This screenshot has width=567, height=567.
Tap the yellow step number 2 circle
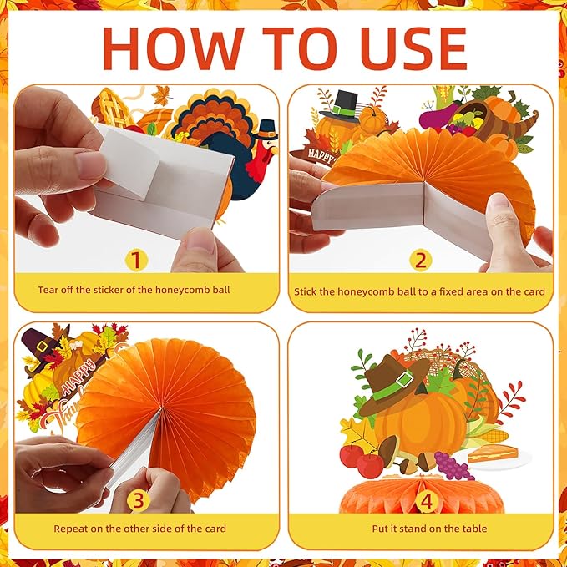[421, 260]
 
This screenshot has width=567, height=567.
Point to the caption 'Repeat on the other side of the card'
[139, 529]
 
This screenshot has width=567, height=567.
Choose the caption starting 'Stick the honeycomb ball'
[419, 291]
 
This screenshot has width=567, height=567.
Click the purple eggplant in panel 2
[439, 114]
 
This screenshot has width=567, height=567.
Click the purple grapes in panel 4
[453, 466]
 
